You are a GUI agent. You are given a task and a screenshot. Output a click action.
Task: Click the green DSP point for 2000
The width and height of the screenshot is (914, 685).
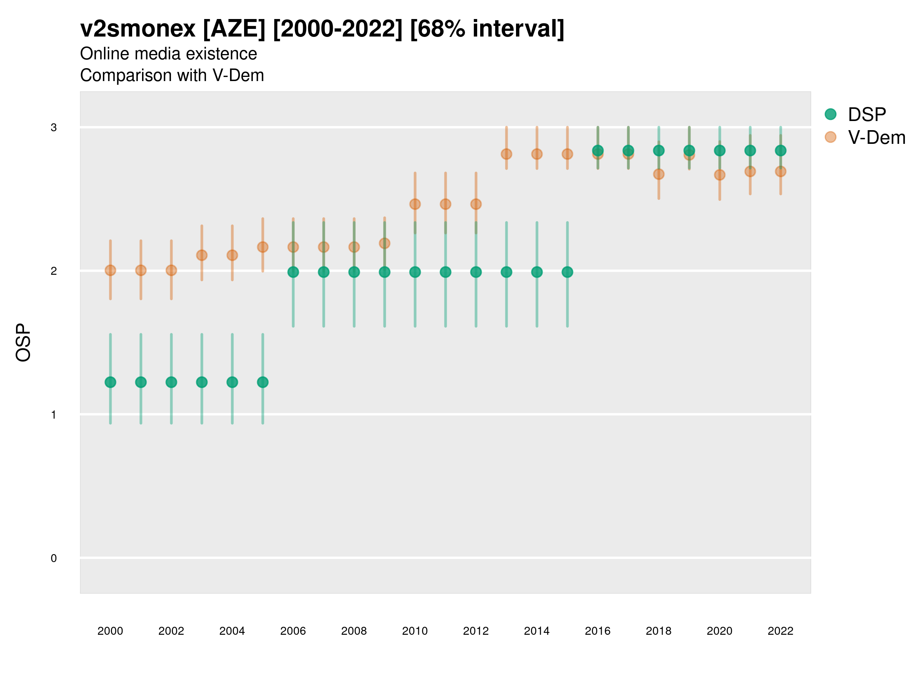pyautogui.click(x=110, y=382)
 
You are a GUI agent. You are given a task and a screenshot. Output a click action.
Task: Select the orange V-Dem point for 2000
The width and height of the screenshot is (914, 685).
pyautogui.click(x=110, y=271)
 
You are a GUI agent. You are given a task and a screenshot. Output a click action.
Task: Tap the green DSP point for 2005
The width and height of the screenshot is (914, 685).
pyautogui.click(x=263, y=382)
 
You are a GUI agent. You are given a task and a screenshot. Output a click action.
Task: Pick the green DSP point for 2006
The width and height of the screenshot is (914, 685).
pyautogui.click(x=293, y=272)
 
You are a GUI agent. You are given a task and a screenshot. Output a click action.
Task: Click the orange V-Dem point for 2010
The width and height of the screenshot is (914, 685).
pyautogui.click(x=415, y=204)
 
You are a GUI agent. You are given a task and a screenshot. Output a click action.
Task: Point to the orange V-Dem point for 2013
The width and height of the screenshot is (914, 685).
pyautogui.click(x=507, y=154)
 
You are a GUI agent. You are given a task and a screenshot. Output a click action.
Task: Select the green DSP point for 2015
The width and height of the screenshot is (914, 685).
pyautogui.click(x=567, y=272)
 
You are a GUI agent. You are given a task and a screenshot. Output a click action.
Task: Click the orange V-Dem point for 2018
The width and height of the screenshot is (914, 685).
pyautogui.click(x=659, y=174)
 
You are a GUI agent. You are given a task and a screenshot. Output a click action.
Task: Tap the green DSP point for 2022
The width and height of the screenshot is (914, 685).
pyautogui.click(x=781, y=151)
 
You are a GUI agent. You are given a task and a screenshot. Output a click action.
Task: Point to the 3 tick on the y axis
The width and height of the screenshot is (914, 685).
pyautogui.click(x=54, y=127)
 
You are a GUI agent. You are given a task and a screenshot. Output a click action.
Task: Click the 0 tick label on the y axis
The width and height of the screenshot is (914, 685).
pyautogui.click(x=54, y=558)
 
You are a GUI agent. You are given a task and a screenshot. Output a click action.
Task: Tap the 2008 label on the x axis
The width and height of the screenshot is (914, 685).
pyautogui.click(x=354, y=631)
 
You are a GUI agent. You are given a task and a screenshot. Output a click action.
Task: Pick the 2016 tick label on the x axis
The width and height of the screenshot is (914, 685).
pyautogui.click(x=598, y=631)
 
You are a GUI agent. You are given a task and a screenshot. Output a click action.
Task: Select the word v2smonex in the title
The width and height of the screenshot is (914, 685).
pyautogui.click(x=137, y=29)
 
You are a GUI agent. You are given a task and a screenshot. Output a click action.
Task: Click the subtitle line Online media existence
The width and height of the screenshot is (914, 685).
pyautogui.click(x=169, y=54)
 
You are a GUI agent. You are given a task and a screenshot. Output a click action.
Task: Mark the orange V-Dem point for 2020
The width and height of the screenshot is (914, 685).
pyautogui.click(x=720, y=175)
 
